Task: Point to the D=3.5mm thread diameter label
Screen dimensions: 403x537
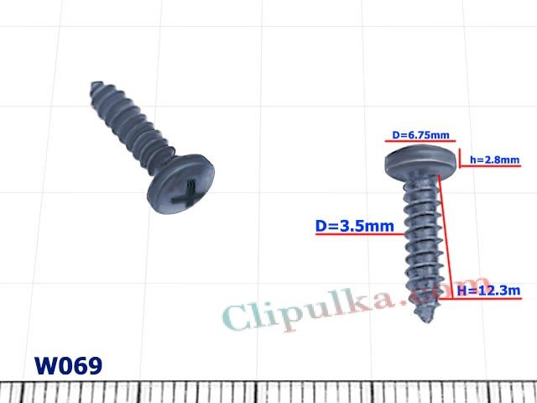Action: click(354, 226)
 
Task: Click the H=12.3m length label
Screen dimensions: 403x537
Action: click(488, 290)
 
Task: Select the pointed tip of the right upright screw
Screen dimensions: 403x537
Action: click(421, 315)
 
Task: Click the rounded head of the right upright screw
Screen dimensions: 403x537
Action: click(422, 161)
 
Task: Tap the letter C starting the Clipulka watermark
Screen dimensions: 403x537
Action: click(239, 317)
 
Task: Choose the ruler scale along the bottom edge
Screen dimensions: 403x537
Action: click(268, 392)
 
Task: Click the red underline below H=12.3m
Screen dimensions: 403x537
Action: click(488, 300)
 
